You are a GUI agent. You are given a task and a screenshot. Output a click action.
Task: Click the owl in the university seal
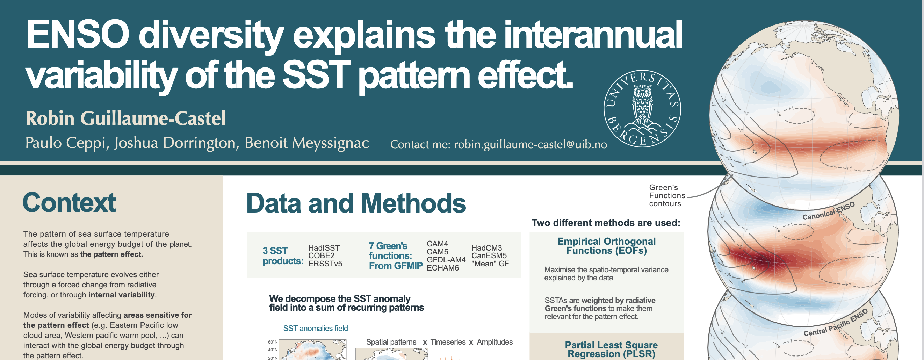coord(642,104)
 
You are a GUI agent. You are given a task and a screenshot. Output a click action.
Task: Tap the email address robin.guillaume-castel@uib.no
coord(530,144)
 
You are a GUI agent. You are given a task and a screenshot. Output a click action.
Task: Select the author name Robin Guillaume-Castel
coord(125,118)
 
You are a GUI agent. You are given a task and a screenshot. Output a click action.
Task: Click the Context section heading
coord(69,203)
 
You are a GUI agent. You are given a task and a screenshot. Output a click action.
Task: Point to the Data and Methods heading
coord(356,203)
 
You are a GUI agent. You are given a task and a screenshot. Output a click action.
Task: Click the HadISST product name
coord(324,248)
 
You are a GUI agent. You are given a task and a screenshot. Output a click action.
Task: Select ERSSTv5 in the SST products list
coord(325,264)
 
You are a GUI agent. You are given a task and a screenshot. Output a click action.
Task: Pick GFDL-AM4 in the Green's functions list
coord(446,260)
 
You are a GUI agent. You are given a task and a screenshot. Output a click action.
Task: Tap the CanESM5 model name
coord(489,255)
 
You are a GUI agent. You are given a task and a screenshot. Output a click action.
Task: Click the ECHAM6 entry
coord(443,268)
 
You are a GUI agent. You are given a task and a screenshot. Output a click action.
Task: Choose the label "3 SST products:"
coord(283,255)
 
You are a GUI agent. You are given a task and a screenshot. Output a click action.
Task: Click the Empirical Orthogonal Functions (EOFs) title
coord(606,246)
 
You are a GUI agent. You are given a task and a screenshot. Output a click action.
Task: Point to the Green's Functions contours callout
coord(667,195)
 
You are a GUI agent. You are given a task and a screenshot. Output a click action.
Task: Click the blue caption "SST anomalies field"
coord(316,329)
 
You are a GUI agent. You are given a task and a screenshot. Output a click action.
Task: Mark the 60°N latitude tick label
coord(273,342)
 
